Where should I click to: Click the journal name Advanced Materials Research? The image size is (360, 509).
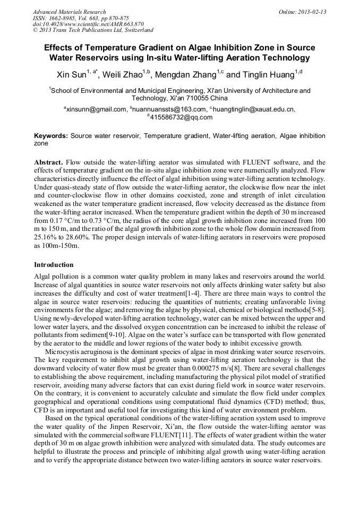[x=69, y=12]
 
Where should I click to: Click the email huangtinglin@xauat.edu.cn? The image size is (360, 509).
[x=254, y=109]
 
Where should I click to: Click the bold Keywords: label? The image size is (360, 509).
[x=51, y=136]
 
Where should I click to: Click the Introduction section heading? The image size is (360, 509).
[x=54, y=264]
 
